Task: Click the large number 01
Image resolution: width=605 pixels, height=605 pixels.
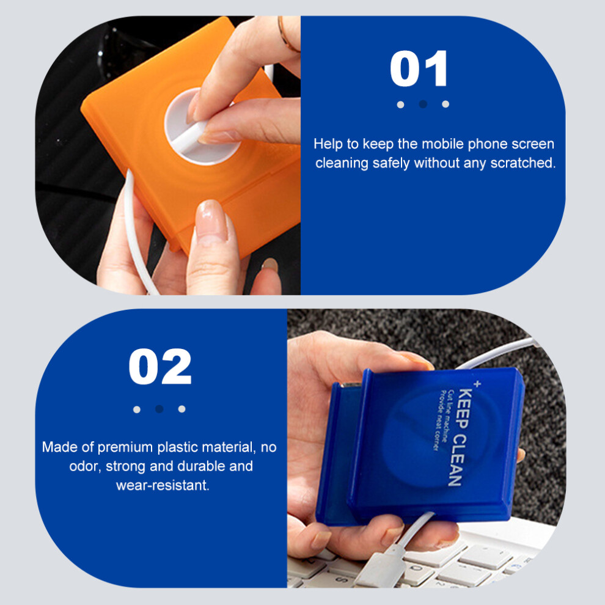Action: [x=419, y=68]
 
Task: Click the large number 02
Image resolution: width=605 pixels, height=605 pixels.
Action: [x=160, y=367]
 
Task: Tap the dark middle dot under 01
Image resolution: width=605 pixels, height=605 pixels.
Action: [x=423, y=104]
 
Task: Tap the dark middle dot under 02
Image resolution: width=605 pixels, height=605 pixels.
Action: [x=159, y=409]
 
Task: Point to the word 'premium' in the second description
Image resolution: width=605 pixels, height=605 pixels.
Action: [x=125, y=447]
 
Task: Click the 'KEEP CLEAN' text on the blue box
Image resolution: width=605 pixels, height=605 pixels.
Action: [x=460, y=437]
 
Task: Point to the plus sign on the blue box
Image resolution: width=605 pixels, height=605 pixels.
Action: [x=477, y=384]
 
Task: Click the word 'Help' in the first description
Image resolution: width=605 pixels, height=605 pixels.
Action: [x=328, y=144]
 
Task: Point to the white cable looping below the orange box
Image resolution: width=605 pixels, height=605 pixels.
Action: [x=136, y=232]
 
